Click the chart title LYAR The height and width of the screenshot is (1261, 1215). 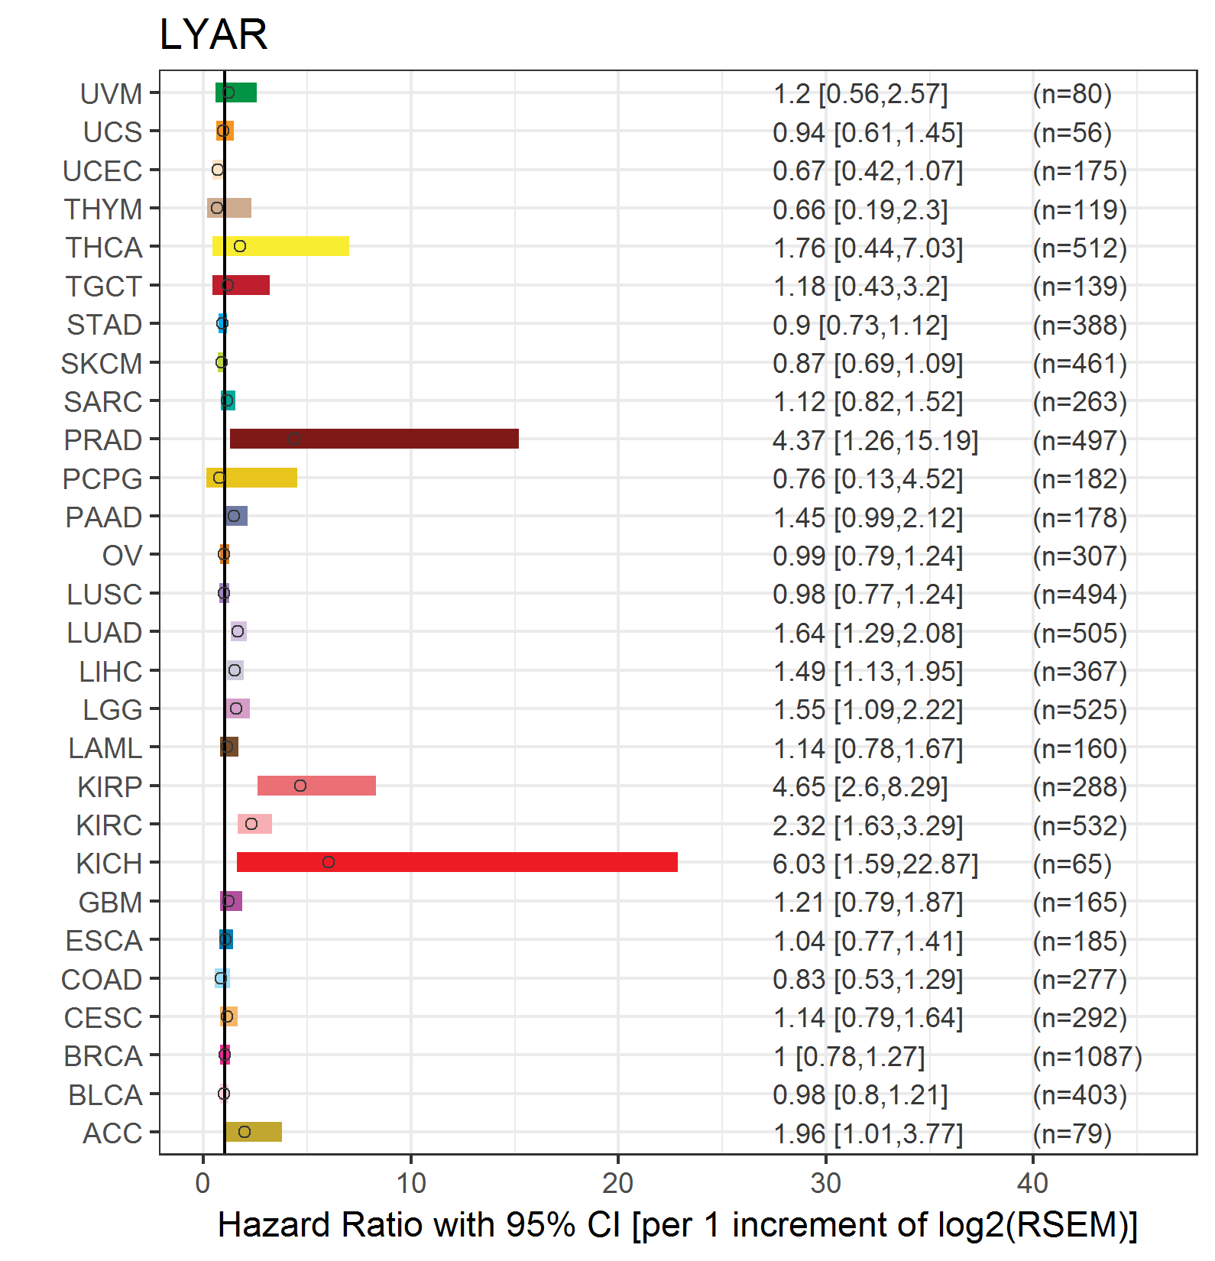[x=213, y=34]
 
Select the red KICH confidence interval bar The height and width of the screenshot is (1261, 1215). [x=457, y=862]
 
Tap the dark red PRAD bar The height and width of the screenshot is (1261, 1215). [x=374, y=439]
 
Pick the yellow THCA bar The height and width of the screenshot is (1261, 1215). [x=280, y=246]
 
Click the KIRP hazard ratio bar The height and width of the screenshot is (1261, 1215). [x=316, y=786]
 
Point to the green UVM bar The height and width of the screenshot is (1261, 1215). [x=236, y=92]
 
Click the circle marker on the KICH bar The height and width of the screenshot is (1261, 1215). [x=329, y=862]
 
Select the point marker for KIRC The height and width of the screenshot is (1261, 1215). [x=251, y=824]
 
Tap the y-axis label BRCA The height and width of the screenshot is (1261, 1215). [x=103, y=1056]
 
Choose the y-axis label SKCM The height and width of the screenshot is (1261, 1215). [x=102, y=364]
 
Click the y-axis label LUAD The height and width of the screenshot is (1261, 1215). [x=105, y=633]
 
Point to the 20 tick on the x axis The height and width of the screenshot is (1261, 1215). [x=617, y=1183]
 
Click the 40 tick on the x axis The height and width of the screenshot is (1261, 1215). [x=1032, y=1183]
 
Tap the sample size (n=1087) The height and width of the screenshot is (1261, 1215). [x=1087, y=1056]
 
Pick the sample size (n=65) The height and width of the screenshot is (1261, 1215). [x=1072, y=864]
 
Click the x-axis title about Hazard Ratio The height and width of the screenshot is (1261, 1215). [x=678, y=1224]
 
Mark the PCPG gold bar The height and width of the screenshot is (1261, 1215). [x=251, y=478]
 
